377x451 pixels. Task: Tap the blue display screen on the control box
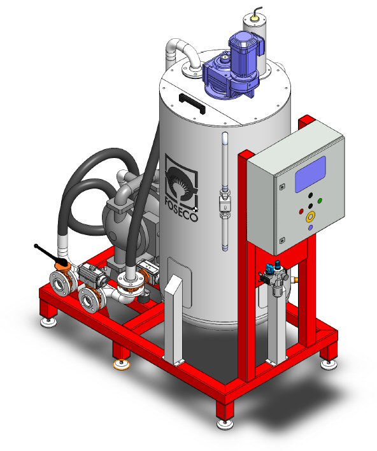point(310,174)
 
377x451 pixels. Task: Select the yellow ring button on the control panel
point(310,217)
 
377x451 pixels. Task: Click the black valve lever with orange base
point(52,256)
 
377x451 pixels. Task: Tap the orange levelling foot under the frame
point(122,365)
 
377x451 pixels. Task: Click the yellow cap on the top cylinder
point(255,18)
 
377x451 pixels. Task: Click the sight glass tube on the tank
point(225,191)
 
